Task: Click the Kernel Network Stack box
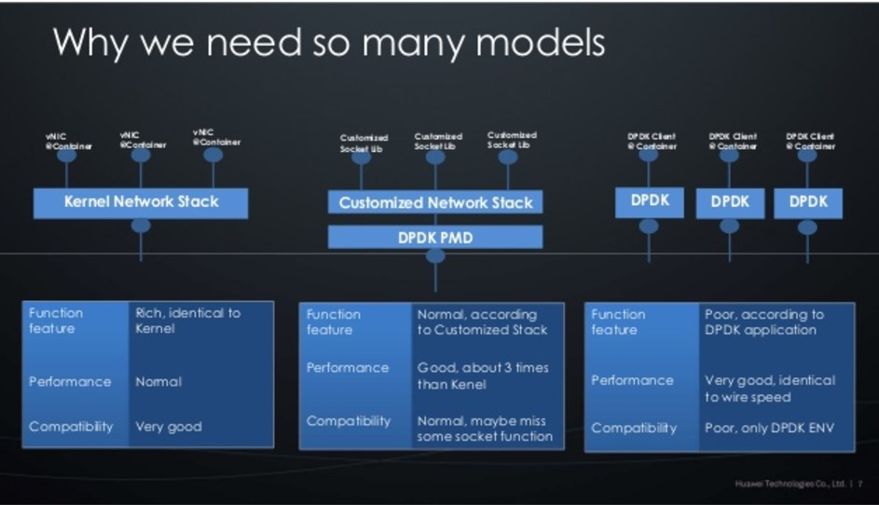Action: coord(141,202)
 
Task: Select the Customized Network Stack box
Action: coord(435,202)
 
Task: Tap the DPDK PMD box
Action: coord(435,238)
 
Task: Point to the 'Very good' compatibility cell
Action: coord(169,427)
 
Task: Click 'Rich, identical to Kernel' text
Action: coord(187,321)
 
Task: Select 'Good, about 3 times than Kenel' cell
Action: coord(483,375)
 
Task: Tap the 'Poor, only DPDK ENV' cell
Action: coord(769,428)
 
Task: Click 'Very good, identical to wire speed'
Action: coord(769,389)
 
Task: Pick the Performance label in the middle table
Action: coord(348,368)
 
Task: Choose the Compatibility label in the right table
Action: coord(634,428)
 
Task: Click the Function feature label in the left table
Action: coord(56,321)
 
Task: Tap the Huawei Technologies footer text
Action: coord(790,484)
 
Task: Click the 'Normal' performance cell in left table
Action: coord(158,382)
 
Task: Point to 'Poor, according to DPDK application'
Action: coord(764,322)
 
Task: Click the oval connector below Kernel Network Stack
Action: coord(141,225)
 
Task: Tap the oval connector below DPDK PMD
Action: coord(435,255)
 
